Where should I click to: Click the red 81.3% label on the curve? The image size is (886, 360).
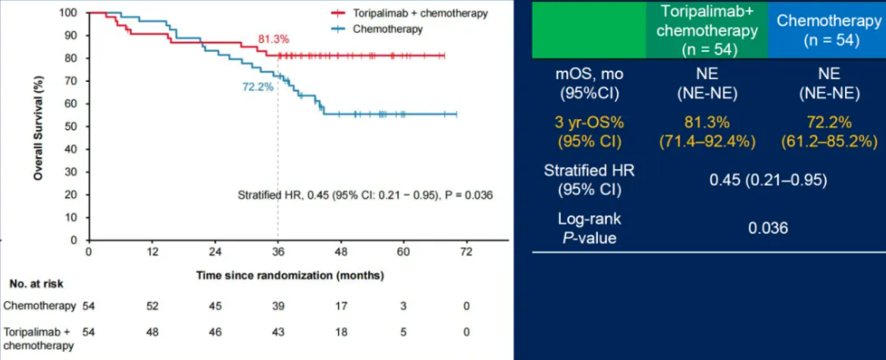point(274,40)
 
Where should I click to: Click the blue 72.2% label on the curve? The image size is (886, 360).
point(258,87)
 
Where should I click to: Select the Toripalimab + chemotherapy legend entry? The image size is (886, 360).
point(409,13)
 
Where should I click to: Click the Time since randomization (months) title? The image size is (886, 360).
point(291,276)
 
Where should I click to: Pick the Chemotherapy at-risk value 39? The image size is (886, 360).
point(277,306)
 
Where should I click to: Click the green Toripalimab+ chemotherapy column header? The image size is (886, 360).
point(709,29)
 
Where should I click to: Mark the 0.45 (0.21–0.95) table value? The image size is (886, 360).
point(767,180)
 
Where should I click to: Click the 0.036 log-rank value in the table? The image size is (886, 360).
point(768,228)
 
